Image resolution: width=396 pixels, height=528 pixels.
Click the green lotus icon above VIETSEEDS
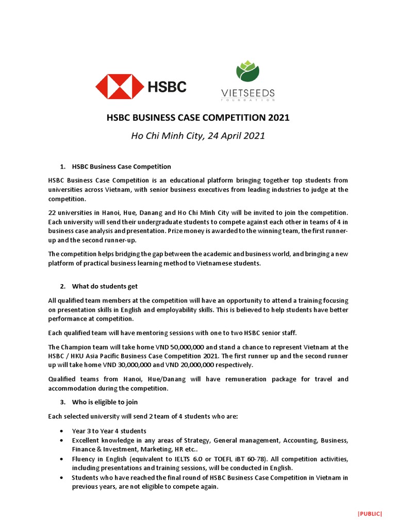pos(248,72)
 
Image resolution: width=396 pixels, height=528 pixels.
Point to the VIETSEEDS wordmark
pos(248,93)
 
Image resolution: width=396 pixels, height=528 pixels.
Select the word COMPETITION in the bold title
pos(230,118)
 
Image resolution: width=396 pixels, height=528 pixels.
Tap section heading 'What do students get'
pos(105,286)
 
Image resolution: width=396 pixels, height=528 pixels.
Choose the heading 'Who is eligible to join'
pos(105,402)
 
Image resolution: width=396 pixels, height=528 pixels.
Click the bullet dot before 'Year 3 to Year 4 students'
pos(62,431)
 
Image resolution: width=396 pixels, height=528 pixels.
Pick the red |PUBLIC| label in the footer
pos(370,514)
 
